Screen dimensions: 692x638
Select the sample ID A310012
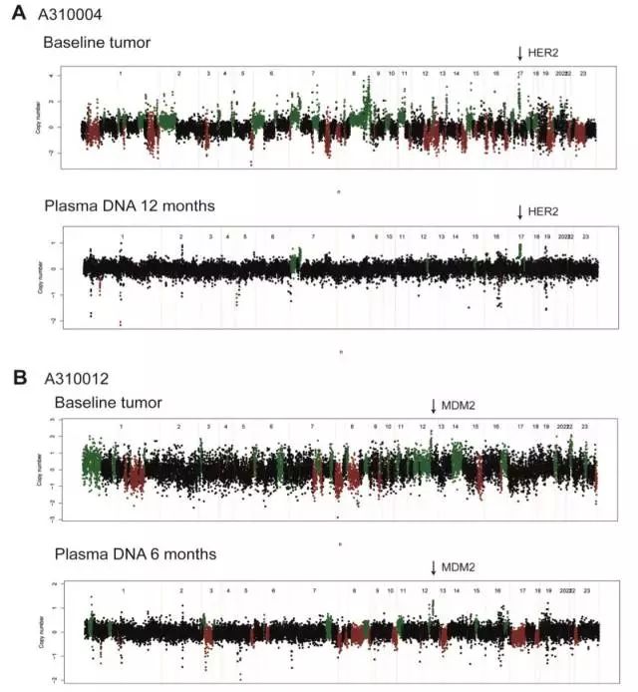pos(73,379)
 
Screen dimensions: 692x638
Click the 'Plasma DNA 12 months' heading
pos(130,206)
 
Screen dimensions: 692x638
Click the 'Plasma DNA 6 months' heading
pos(130,553)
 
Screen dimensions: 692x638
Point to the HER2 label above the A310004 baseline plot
pos(544,51)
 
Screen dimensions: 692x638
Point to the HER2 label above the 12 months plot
pos(544,211)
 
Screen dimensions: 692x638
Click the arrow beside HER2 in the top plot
pos(520,52)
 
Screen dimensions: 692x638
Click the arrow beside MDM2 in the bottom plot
pos(434,567)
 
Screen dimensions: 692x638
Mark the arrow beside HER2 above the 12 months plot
pos(520,211)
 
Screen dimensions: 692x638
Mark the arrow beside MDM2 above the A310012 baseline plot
pos(434,405)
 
